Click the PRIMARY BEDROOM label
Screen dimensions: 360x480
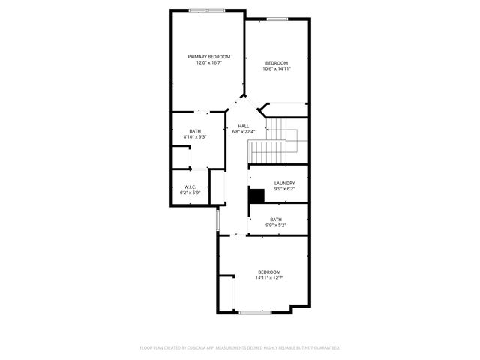(208, 57)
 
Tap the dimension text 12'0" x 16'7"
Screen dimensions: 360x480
(208, 63)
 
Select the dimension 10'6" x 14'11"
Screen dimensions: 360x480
(277, 68)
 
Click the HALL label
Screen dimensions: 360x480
(243, 126)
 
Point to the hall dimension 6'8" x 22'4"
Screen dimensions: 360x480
(243, 132)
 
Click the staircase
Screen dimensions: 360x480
(274, 142)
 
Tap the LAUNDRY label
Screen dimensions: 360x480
(284, 183)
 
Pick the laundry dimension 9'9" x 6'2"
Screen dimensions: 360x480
(284, 189)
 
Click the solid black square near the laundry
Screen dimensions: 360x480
(257, 195)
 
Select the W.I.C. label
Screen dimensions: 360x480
(190, 187)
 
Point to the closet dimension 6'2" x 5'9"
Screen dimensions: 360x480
(190, 193)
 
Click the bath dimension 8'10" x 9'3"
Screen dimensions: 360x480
(195, 137)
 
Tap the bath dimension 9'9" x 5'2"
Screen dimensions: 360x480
(276, 225)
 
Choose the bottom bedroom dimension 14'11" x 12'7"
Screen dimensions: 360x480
(269, 277)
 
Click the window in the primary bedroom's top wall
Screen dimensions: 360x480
(207, 10)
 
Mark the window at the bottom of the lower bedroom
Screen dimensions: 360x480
(255, 311)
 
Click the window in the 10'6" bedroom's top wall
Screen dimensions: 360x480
(277, 19)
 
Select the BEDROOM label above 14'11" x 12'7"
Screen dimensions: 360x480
(269, 271)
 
